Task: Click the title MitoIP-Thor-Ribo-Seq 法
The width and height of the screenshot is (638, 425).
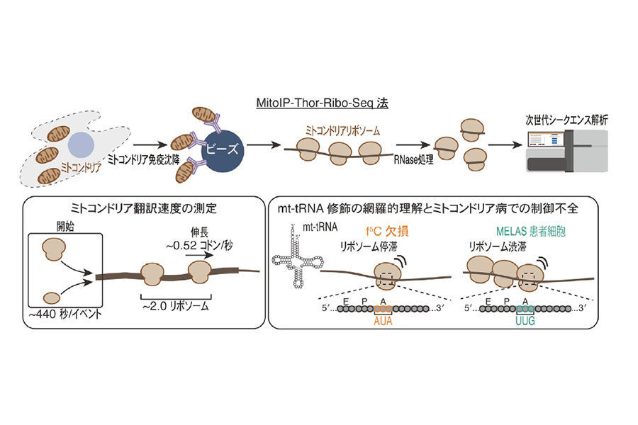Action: [x=323, y=103]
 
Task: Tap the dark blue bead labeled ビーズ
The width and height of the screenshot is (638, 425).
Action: [x=223, y=150]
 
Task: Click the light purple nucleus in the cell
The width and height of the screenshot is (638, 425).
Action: [x=82, y=145]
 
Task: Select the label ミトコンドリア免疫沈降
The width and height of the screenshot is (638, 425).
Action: [x=143, y=159]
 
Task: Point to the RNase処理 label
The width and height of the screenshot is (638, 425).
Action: [x=413, y=160]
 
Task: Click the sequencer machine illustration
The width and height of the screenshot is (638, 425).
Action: [x=567, y=151]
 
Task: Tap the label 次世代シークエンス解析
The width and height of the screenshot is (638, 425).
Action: [x=567, y=120]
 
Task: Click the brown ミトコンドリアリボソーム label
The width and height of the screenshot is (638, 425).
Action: [x=342, y=130]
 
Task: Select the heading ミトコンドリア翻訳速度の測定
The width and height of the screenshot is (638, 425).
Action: [x=144, y=208]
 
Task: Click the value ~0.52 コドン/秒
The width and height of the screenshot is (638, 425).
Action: [x=199, y=245]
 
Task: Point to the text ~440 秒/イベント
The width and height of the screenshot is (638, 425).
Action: [x=65, y=314]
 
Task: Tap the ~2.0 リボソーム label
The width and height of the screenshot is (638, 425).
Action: [x=175, y=306]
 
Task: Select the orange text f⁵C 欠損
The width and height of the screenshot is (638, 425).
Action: [x=387, y=232]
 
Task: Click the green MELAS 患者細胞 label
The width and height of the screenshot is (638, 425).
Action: [x=530, y=232]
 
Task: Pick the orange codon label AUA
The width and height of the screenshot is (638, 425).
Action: [x=383, y=322]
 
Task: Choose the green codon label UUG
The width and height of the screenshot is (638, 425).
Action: [x=525, y=322]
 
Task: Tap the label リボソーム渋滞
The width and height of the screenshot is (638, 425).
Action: [x=497, y=246]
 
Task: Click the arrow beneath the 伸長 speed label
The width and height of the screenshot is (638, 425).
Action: [x=199, y=256]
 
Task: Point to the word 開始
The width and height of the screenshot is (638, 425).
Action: [x=65, y=227]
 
